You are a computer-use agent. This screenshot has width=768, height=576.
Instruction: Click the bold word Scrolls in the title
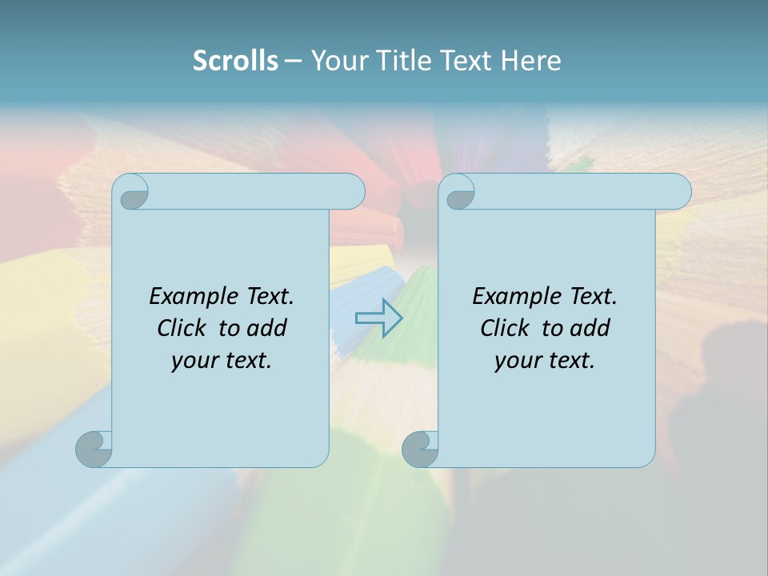pyautogui.click(x=235, y=60)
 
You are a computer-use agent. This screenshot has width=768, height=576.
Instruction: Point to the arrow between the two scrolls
pyautogui.click(x=378, y=318)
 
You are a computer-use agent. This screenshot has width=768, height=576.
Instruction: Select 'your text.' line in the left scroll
pyautogui.click(x=222, y=360)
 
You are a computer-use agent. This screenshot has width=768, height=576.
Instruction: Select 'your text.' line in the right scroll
pyautogui.click(x=545, y=360)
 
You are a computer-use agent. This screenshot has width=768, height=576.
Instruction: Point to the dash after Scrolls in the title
pyautogui.click(x=293, y=61)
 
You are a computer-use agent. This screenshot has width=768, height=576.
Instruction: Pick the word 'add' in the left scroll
pyautogui.click(x=267, y=328)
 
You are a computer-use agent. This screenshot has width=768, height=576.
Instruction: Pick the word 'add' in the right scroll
pyautogui.click(x=590, y=328)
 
